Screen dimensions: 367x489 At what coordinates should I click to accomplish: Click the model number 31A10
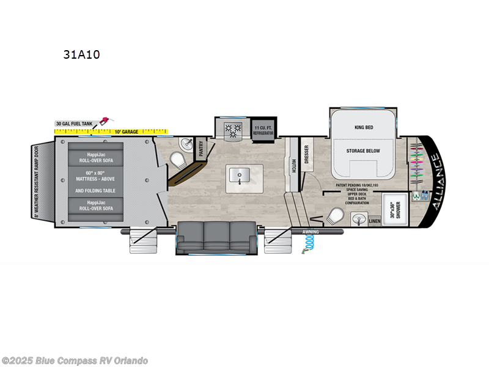[81, 54]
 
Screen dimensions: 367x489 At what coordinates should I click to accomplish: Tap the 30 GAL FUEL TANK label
[74, 124]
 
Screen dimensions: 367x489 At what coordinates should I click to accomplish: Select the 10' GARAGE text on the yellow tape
[127, 132]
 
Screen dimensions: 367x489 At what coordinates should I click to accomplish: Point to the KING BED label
[364, 127]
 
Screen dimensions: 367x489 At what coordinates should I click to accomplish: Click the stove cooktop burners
[232, 129]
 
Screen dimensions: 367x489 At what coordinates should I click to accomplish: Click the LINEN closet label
[374, 221]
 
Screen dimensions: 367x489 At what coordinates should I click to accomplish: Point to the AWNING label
[311, 232]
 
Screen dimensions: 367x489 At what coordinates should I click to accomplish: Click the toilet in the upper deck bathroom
[335, 217]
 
